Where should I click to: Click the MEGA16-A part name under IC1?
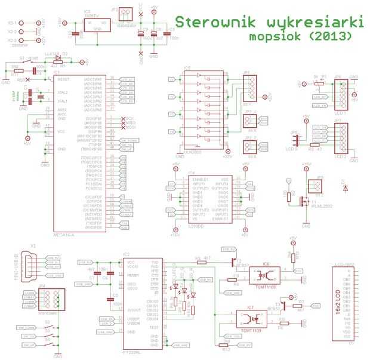(x=64, y=235)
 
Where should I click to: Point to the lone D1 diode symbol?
(x=346, y=187)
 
